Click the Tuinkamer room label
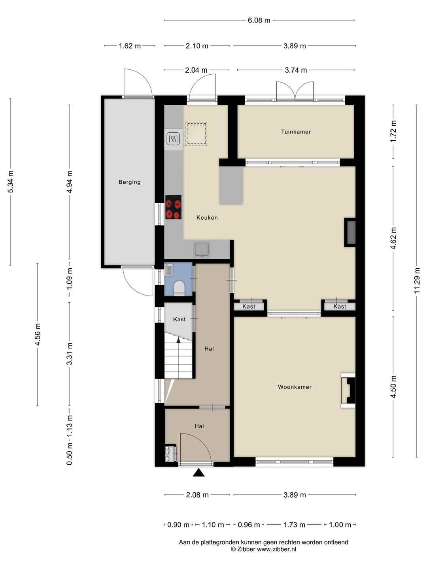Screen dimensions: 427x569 click(x=296, y=132)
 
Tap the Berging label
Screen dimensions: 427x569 click(x=129, y=182)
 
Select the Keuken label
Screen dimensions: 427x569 click(x=207, y=217)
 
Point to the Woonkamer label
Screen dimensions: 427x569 click(x=295, y=387)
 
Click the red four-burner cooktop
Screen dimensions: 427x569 click(x=174, y=207)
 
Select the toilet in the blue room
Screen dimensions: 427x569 click(x=179, y=288)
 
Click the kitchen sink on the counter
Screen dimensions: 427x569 click(x=202, y=249)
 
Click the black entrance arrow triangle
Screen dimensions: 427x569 click(x=198, y=473)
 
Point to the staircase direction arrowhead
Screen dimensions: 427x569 click(x=179, y=340)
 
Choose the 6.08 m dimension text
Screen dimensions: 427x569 click(x=259, y=20)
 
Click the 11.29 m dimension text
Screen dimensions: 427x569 click(x=417, y=281)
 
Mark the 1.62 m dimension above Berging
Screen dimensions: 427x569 click(x=130, y=46)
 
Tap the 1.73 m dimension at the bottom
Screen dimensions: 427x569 click(x=294, y=525)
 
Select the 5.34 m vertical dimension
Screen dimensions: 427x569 click(x=10, y=182)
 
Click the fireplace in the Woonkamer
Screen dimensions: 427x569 click(x=348, y=390)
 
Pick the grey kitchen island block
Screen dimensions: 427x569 click(x=231, y=185)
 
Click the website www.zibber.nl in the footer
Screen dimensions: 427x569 click(x=276, y=549)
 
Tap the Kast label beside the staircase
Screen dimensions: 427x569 click(x=179, y=319)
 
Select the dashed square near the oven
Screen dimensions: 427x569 click(x=196, y=134)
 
